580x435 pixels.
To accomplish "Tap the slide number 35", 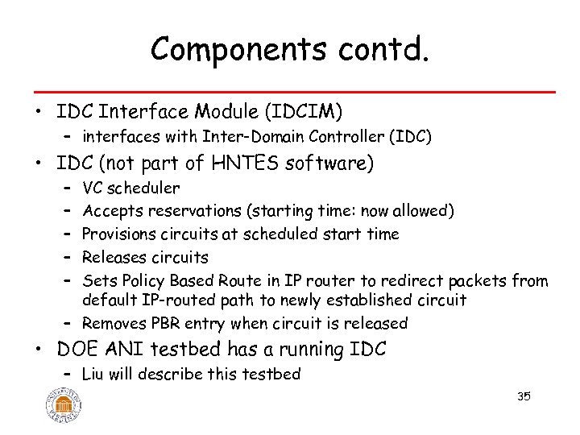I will [524, 396].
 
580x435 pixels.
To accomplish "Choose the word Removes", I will [114, 324].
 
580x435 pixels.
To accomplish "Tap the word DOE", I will [77, 350].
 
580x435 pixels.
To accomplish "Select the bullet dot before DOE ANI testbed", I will [41, 350].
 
